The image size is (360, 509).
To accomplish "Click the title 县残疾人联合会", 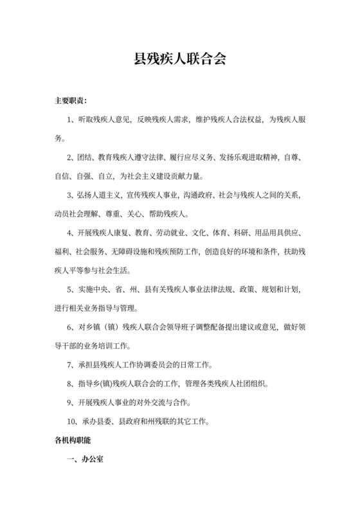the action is (179, 60).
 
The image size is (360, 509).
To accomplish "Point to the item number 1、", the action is (71, 120).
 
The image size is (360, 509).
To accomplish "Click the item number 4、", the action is (71, 232).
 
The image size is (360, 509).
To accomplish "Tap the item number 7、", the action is (71, 366).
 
